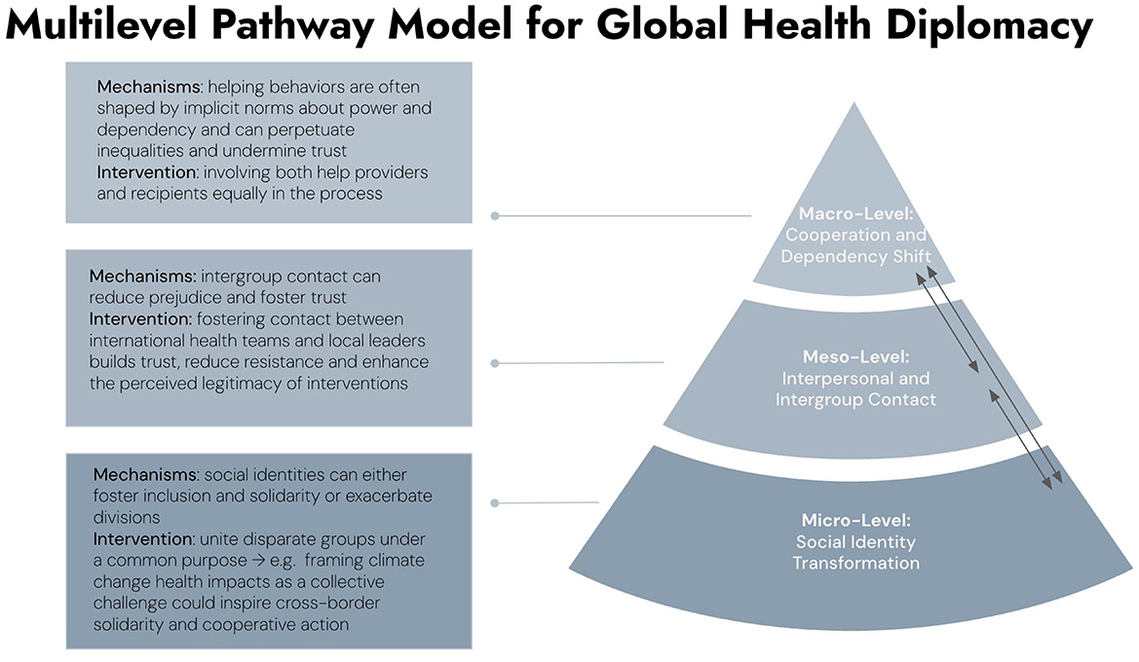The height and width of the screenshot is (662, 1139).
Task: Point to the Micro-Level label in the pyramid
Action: coord(854,521)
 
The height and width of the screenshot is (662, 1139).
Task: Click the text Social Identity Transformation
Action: coord(854,552)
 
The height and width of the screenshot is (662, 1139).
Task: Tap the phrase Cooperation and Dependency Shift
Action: coord(855,245)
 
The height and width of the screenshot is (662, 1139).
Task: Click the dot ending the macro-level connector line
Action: coord(495,216)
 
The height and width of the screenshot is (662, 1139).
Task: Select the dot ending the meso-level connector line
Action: coord(495,364)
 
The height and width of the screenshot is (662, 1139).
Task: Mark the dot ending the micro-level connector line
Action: coord(495,503)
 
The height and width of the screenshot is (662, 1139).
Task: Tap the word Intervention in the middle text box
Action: coord(132,319)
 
